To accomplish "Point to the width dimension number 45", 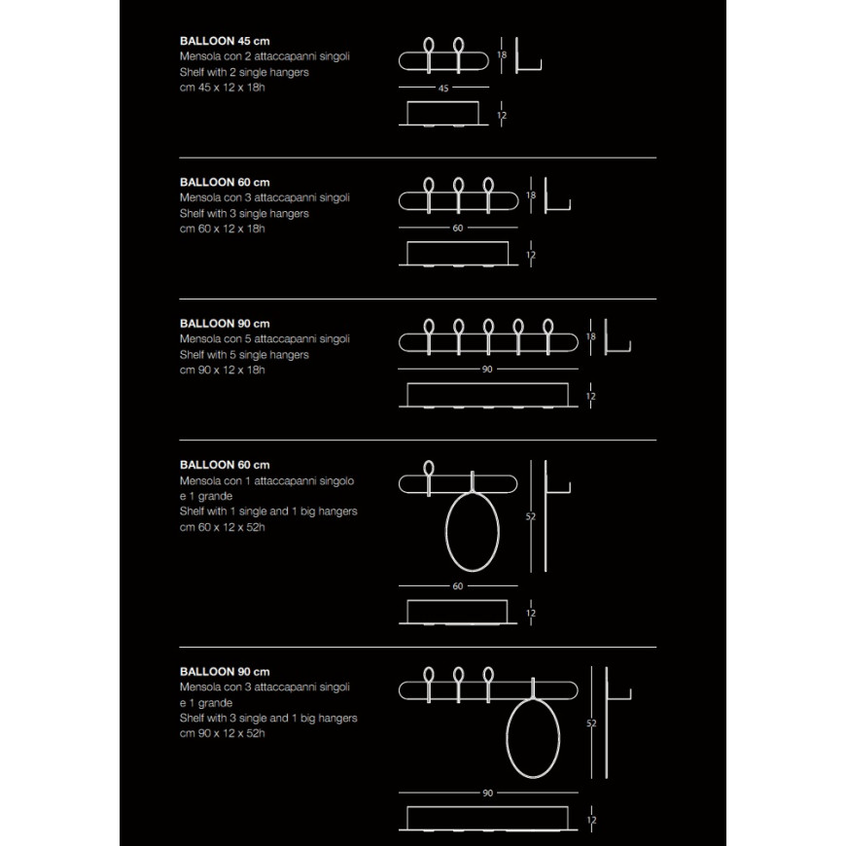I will click(x=443, y=88).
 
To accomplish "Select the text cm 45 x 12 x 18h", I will click(x=223, y=88).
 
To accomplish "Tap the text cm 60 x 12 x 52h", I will click(x=223, y=527).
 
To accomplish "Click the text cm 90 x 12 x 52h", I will click(x=223, y=733).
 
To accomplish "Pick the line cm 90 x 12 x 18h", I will click(x=223, y=370).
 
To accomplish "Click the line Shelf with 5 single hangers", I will click(x=244, y=354).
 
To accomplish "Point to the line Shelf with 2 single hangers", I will click(x=244, y=72).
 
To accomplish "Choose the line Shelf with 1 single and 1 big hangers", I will click(x=268, y=511).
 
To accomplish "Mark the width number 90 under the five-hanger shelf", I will click(x=487, y=370).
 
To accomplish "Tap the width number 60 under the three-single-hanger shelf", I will click(x=458, y=229).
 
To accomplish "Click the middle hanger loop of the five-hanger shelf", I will click(x=488, y=328).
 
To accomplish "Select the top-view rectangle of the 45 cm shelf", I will click(x=443, y=114).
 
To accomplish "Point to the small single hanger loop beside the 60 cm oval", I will click(x=429, y=469).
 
